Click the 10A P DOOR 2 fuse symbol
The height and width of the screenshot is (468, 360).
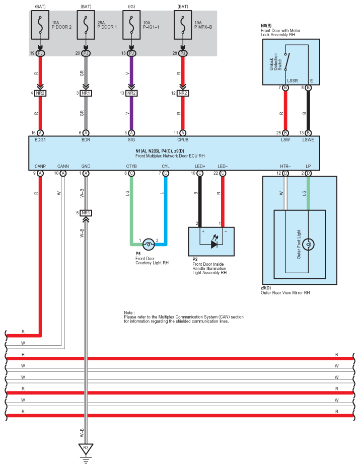[40, 25]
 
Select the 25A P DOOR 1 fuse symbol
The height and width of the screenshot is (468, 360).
[86, 25]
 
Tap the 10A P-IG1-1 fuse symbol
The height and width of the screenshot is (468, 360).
[131, 25]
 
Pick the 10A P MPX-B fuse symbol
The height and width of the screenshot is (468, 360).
[183, 25]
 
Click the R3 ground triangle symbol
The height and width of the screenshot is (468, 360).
[86, 448]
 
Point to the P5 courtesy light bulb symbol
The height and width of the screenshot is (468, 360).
[149, 245]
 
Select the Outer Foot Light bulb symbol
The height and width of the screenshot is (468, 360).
[308, 245]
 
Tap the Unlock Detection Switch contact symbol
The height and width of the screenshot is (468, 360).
[287, 62]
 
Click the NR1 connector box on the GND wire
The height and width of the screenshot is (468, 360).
[86, 213]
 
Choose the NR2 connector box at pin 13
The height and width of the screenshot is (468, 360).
[131, 93]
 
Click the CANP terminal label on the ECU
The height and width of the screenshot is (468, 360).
[40, 166]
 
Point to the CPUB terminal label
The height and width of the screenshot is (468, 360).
[183, 140]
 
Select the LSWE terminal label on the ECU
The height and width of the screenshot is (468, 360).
[308, 140]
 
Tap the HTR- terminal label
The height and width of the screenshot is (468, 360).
[285, 166]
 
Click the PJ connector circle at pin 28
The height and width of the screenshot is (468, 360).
[183, 53]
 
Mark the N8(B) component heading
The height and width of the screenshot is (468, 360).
[266, 26]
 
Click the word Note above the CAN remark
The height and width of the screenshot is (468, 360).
[129, 313]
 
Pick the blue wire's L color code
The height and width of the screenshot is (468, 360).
[162, 193]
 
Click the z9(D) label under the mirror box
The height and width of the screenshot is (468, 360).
[266, 288]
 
